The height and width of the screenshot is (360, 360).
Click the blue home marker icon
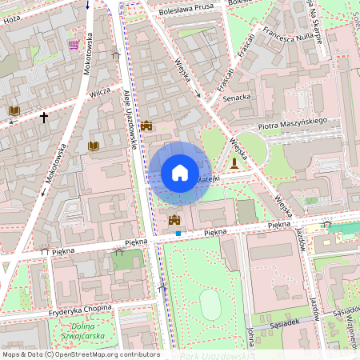coord(180,173)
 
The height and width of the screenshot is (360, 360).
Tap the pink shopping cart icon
coord(74,44)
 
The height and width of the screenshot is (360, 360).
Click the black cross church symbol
coord(44,118)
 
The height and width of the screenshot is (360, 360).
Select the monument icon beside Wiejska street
coord(234,163)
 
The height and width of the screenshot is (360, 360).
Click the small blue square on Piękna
coord(178,234)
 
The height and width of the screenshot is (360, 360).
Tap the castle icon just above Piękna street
coord(174,219)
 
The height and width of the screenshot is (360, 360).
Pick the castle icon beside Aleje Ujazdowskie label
coord(146,126)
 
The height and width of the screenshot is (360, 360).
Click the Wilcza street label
coord(100,93)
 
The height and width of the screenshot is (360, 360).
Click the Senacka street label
coord(237,98)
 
